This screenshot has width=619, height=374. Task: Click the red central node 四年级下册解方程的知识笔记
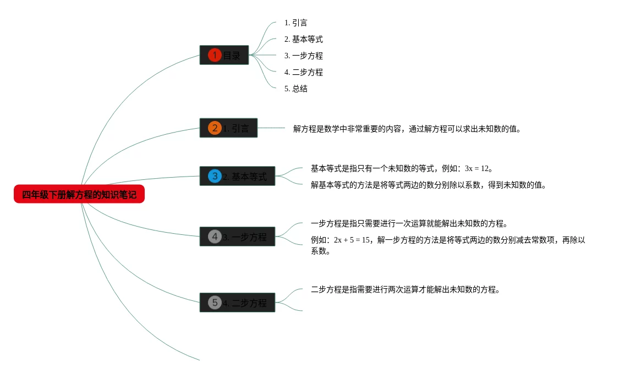click(x=79, y=194)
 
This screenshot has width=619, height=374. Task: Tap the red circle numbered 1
click(x=215, y=55)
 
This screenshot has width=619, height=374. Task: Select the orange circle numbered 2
click(x=215, y=128)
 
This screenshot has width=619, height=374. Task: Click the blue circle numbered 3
click(x=215, y=176)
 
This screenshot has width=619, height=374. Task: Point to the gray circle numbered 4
click(x=215, y=237)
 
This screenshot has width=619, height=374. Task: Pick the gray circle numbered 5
click(x=215, y=302)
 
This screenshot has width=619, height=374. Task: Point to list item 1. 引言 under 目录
click(x=296, y=23)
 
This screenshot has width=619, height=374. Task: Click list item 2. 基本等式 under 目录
click(x=304, y=39)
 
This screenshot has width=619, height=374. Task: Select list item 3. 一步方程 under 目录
click(x=304, y=56)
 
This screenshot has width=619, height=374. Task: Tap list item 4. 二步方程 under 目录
click(x=304, y=72)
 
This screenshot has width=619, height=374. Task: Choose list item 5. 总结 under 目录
click(x=296, y=89)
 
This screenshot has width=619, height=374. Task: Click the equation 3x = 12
click(x=477, y=168)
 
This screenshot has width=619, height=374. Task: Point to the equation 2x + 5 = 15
click(x=352, y=240)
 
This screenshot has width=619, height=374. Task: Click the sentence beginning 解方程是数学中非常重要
click(x=407, y=129)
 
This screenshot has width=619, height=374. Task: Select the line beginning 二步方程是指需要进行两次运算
click(x=405, y=289)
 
